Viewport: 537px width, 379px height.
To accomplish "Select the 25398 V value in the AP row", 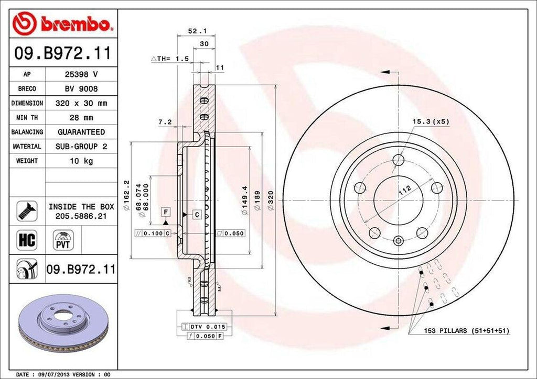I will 81,74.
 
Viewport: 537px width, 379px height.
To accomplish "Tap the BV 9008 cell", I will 81,89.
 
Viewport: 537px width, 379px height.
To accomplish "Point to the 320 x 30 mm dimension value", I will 81,103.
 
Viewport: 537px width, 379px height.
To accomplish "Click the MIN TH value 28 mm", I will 81,118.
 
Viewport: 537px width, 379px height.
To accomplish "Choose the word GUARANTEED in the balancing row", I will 81,132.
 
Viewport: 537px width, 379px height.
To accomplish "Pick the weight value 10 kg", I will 81,161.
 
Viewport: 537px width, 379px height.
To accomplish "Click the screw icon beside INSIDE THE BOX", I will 26,210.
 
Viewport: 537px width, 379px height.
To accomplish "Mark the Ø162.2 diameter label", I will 126,193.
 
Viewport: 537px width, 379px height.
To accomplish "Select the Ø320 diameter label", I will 271,199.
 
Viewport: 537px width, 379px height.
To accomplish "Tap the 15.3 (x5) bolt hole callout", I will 431,121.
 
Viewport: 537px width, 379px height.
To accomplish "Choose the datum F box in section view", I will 166,211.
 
